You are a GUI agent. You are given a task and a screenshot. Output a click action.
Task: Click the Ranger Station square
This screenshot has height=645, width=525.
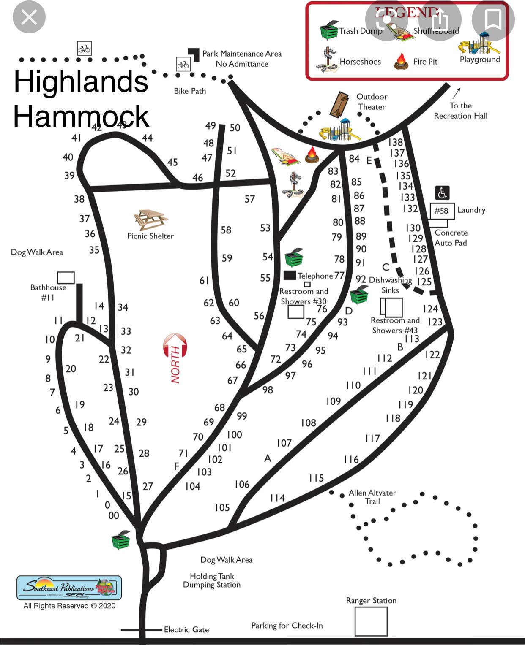coord(371,621)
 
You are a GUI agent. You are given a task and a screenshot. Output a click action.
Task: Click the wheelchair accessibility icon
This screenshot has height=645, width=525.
coord(442,193)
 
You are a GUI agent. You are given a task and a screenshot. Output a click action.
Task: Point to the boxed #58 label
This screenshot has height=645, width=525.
coord(442,211)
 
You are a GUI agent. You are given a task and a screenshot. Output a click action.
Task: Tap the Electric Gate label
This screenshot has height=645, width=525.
coord(186,630)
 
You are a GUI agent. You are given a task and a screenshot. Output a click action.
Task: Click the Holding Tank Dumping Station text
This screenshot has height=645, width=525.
coord(212,580)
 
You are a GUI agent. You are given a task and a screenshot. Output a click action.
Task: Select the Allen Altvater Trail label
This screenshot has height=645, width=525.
coord(372,497)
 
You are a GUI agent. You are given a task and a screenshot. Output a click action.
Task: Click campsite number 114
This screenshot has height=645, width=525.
coord(277,498)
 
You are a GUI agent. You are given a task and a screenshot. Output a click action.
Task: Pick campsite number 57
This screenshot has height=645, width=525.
coord(250,199)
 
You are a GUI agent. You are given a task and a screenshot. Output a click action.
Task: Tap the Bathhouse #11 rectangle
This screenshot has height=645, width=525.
coord(66,277)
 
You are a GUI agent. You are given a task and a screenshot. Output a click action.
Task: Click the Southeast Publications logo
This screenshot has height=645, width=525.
coord(69,587)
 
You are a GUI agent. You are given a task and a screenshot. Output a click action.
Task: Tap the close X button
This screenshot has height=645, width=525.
coord(29,17)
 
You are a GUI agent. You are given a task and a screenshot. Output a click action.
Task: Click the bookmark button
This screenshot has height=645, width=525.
coord(493,19)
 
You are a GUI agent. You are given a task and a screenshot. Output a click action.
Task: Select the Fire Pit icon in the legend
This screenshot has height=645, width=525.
coord(401,62)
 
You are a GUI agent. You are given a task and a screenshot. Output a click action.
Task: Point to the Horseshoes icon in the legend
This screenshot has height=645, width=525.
coord(326,60)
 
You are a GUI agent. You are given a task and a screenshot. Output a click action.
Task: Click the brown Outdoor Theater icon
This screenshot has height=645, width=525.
coord(339,104)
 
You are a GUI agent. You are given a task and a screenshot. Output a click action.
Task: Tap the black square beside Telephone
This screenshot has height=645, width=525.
coord(290,275)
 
